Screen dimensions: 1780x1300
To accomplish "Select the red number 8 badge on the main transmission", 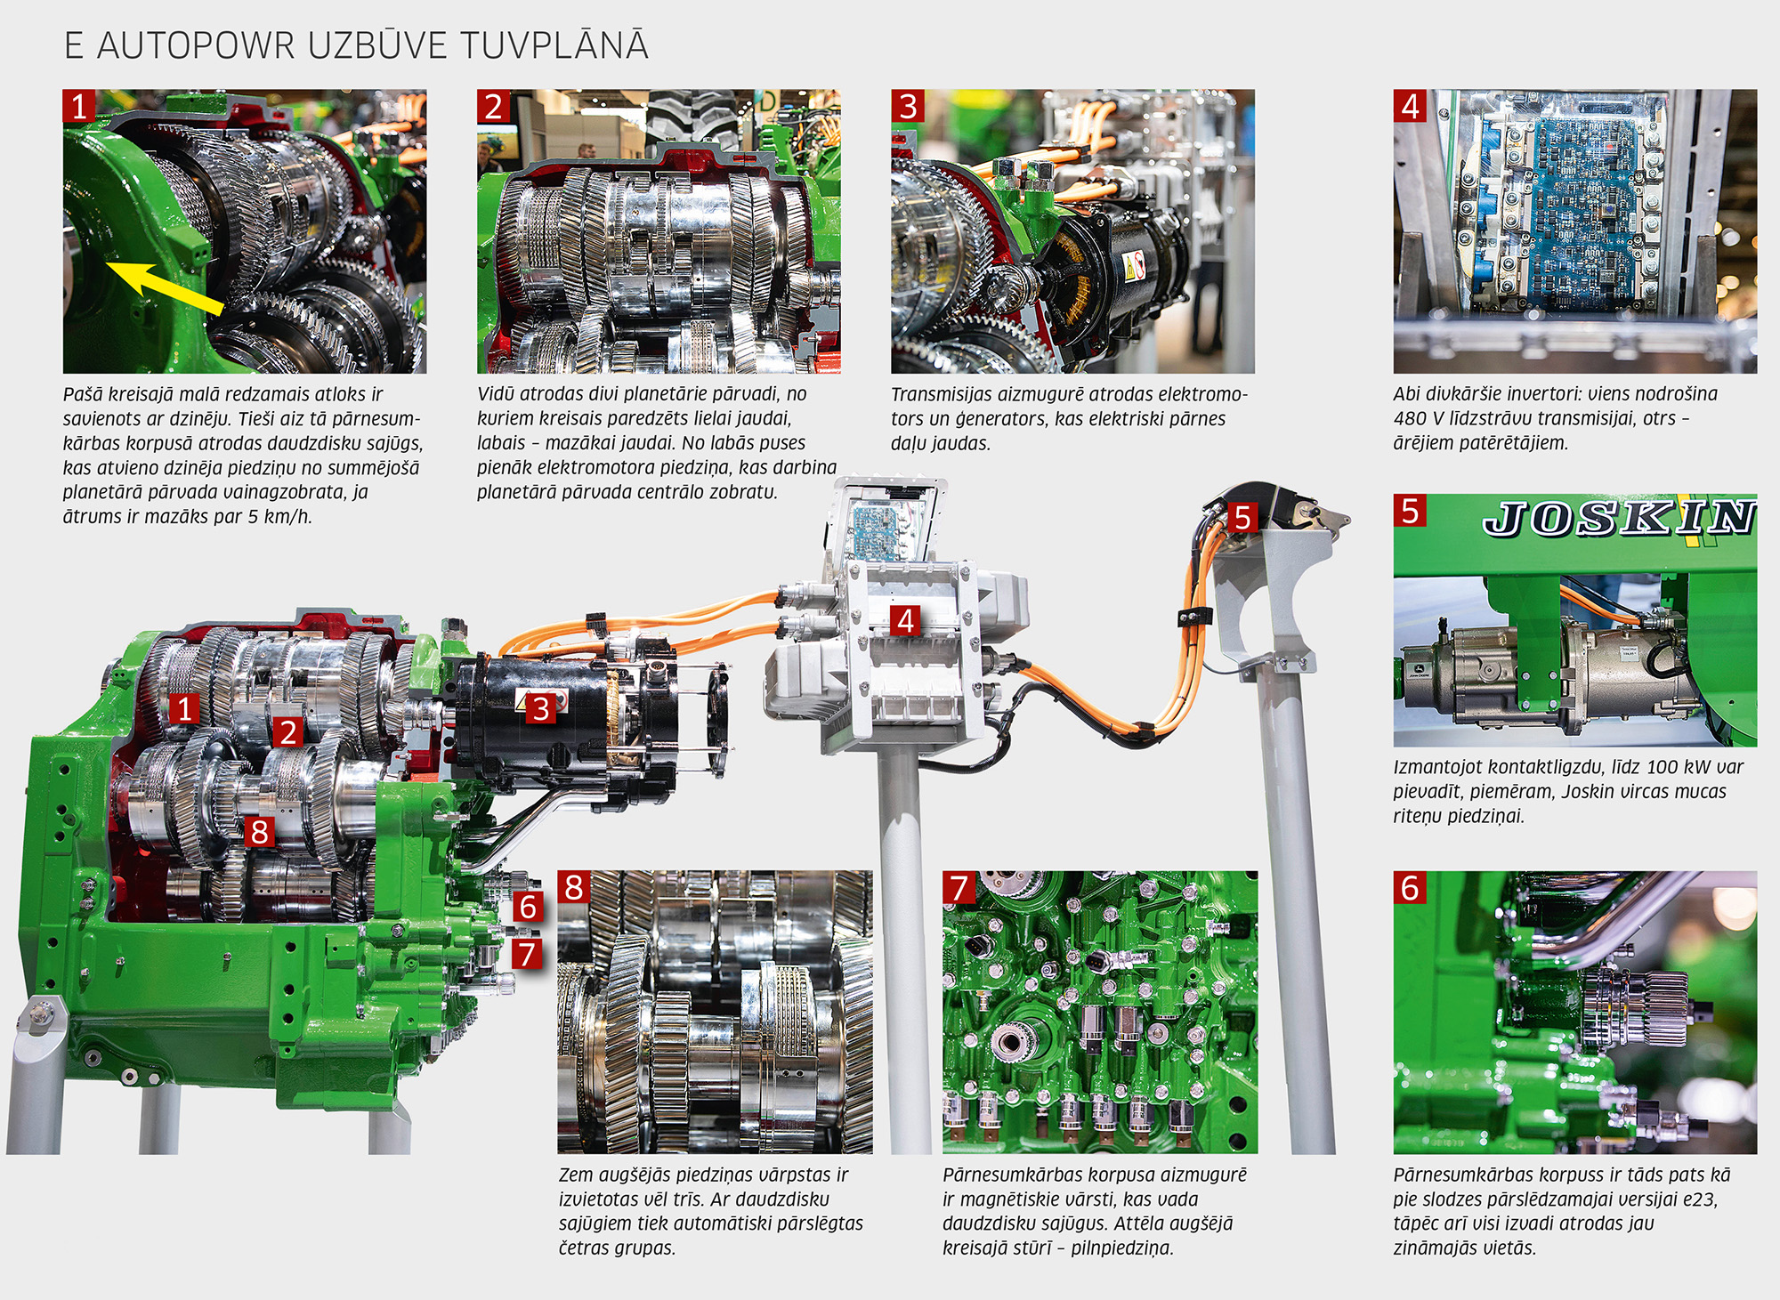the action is click(x=259, y=831).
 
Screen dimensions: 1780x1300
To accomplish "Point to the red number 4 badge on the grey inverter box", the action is click(x=906, y=620).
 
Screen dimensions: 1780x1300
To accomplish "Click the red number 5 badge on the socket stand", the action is click(x=1242, y=517).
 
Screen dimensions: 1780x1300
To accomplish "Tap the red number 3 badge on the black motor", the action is click(x=541, y=709).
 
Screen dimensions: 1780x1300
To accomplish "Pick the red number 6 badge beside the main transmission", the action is click(x=528, y=907).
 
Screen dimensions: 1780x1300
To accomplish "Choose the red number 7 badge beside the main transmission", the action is click(x=528, y=954).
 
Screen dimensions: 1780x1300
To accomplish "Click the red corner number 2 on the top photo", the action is click(x=494, y=106).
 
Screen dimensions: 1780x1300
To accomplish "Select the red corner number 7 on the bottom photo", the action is click(x=959, y=888).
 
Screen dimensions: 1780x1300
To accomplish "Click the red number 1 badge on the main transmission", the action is click(x=185, y=709).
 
